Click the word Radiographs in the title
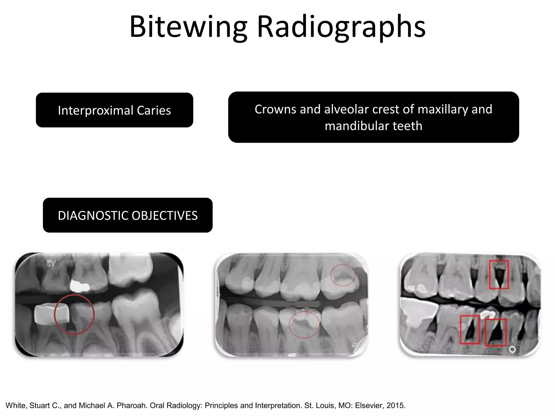(x=341, y=27)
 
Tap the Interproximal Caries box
(x=114, y=110)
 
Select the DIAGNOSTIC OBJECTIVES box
(x=128, y=215)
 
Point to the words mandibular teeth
(x=373, y=126)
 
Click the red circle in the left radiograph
(x=74, y=314)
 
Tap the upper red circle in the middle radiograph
(x=343, y=275)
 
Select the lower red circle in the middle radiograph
(x=304, y=324)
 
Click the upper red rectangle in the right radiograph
(x=499, y=274)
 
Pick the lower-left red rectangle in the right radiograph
(x=470, y=330)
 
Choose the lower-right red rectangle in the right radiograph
(x=495, y=332)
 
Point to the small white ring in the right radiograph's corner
(x=512, y=349)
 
